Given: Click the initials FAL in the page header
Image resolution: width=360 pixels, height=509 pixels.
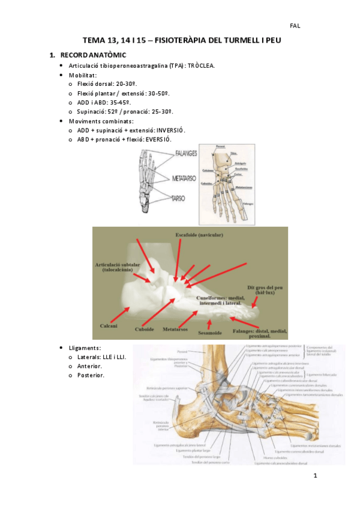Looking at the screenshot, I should (x=295, y=26).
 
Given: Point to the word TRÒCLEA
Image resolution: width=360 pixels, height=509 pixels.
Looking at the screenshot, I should (x=201, y=65).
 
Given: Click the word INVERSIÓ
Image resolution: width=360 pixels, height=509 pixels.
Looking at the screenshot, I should (x=168, y=130).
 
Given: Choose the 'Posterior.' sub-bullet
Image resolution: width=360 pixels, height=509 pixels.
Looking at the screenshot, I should (x=91, y=376).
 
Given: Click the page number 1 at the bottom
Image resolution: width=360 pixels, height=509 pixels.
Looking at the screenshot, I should (x=314, y=476).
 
